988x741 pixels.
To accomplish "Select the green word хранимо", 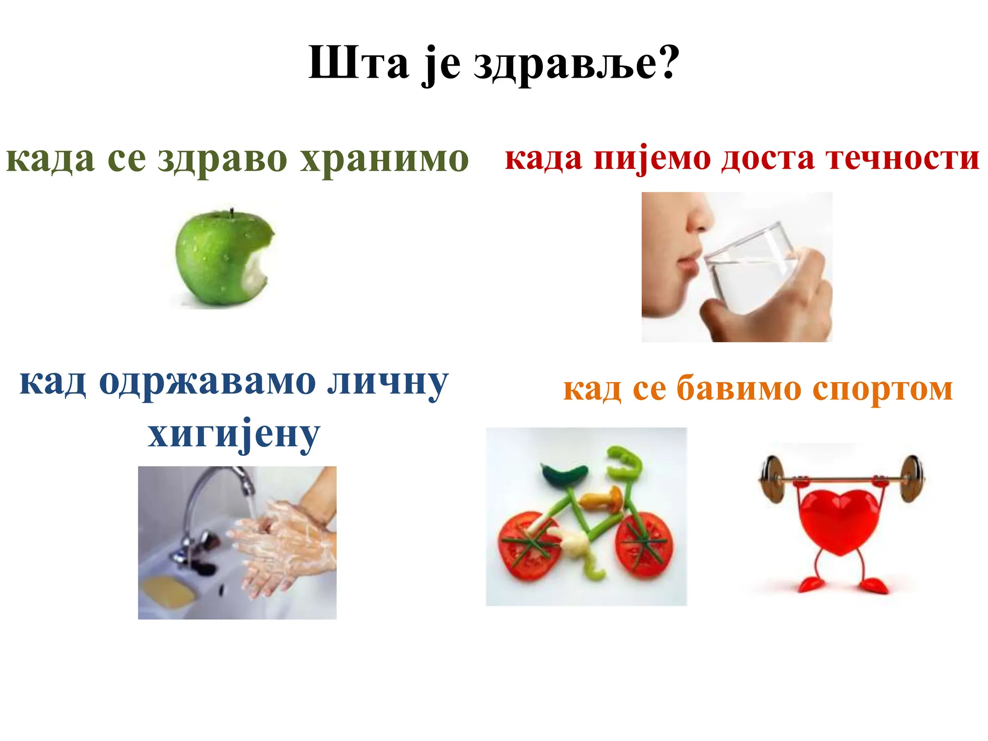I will [x=384, y=159].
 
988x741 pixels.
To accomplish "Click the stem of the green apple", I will [x=232, y=213].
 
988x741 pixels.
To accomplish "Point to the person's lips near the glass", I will [x=687, y=263].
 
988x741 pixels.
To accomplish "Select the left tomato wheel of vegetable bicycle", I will [x=531, y=545].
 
